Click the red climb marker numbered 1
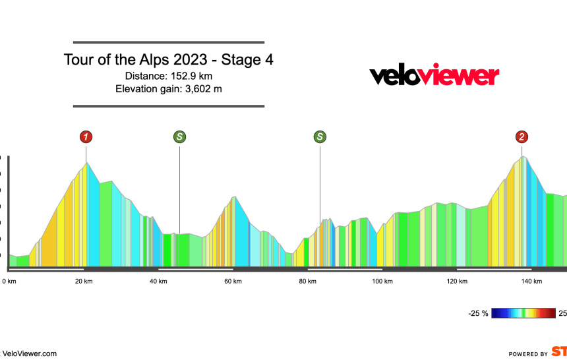(86, 137)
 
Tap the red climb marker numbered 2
(522, 137)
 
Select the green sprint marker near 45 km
(179, 137)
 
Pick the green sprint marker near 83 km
(320, 137)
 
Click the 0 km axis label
(9, 282)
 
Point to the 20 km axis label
(84, 282)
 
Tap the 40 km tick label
(158, 282)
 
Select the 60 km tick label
(233, 282)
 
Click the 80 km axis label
(307, 282)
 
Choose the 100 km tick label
(382, 282)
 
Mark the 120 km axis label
(456, 282)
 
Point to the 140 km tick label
(531, 282)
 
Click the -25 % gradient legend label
(478, 313)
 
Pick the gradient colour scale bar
(524, 313)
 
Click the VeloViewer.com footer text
(30, 353)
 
